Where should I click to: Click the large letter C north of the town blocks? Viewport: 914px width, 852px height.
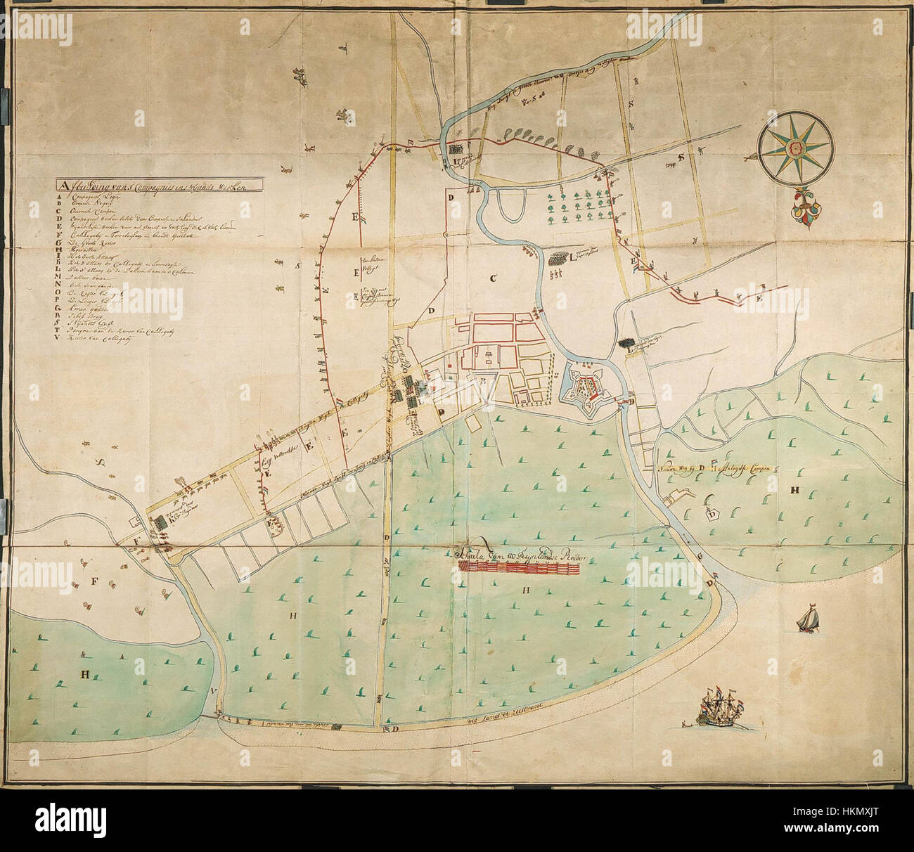pos(494,279)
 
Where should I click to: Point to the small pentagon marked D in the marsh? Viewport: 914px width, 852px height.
pos(713,514)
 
